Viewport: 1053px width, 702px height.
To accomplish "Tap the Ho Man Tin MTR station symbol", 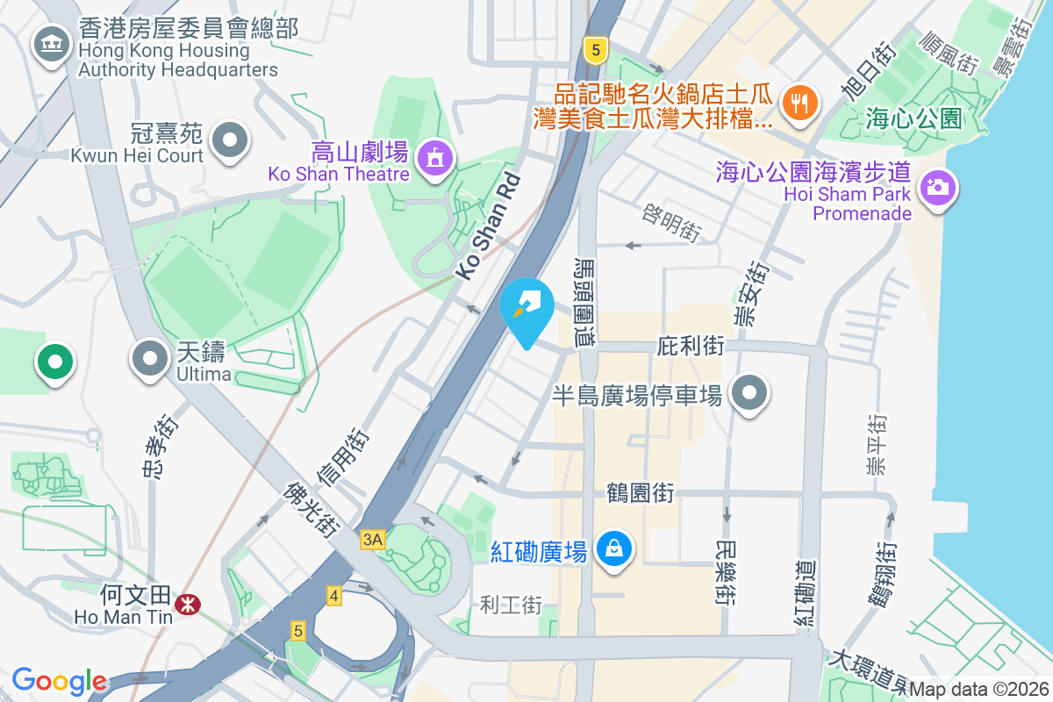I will pyautogui.click(x=186, y=604).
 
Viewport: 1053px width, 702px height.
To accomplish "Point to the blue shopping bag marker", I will pyautogui.click(x=615, y=549).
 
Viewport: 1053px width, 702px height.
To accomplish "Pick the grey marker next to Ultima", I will pyautogui.click(x=150, y=358).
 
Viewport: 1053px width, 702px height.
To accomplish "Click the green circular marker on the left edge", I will pyautogui.click(x=54, y=362).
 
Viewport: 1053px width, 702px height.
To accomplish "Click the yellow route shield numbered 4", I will pyautogui.click(x=333, y=596).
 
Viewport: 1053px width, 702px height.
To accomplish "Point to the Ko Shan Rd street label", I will pyautogui.click(x=488, y=227).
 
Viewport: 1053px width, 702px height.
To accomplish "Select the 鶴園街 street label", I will pyautogui.click(x=641, y=493).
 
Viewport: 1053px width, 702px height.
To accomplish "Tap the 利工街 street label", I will pyautogui.click(x=512, y=605).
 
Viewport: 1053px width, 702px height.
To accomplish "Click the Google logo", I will pyautogui.click(x=60, y=681).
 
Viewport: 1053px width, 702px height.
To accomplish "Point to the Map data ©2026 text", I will pyautogui.click(x=979, y=690).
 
